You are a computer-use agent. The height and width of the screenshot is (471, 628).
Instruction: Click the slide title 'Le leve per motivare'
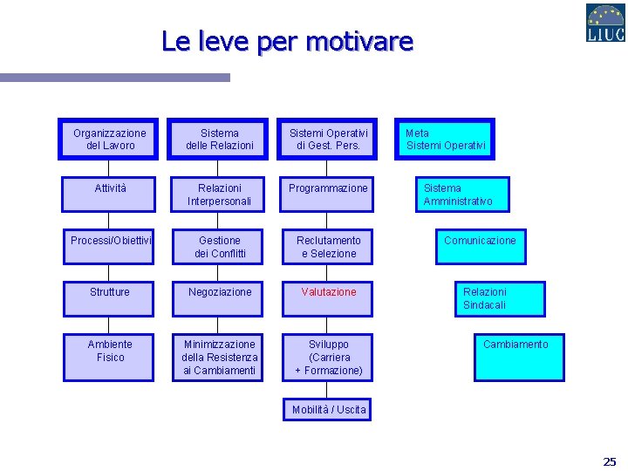(x=287, y=41)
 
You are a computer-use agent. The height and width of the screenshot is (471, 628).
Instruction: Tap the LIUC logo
(x=604, y=24)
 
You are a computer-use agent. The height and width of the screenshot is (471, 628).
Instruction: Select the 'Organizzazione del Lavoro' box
(x=109, y=140)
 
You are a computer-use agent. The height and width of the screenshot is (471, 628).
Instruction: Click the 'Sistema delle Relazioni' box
(x=219, y=140)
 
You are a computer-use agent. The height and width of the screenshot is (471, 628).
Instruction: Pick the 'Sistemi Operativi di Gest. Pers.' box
(x=328, y=140)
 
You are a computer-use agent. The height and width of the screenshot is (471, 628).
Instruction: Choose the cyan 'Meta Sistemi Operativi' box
(x=445, y=140)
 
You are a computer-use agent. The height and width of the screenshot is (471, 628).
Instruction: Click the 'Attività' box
(x=109, y=194)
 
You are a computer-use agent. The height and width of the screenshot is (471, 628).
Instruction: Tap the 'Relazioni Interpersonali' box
(x=219, y=195)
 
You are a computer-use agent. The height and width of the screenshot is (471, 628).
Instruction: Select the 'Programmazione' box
(x=328, y=194)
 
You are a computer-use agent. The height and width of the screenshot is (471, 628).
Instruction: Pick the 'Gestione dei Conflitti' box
(x=219, y=247)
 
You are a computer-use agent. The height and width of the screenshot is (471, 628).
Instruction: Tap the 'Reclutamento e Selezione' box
(x=328, y=247)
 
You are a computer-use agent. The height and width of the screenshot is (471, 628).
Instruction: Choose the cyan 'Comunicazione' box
(x=481, y=246)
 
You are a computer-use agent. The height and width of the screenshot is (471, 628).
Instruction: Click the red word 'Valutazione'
(x=329, y=292)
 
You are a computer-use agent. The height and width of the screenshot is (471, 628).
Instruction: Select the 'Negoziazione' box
(x=219, y=298)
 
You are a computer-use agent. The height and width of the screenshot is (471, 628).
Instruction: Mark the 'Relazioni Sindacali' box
(x=499, y=298)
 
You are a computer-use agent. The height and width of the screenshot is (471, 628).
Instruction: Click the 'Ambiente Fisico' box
(x=110, y=356)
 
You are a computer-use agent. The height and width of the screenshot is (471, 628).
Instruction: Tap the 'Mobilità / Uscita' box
(x=329, y=409)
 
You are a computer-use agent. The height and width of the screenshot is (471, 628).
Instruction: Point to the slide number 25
(x=609, y=461)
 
